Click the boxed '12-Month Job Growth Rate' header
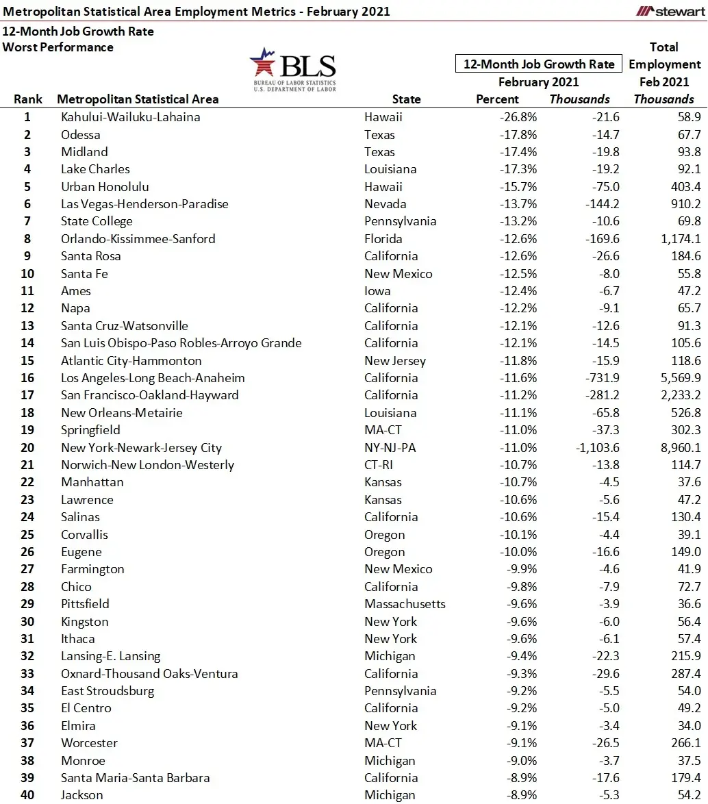(539, 64)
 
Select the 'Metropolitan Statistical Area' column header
(138, 99)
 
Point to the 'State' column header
(406, 99)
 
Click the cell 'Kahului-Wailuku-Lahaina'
(130, 117)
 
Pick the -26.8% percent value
(518, 117)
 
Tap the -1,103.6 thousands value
(592, 448)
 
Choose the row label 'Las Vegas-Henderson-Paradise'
(144, 204)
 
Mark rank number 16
(27, 378)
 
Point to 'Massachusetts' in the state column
(405, 604)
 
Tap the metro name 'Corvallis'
(84, 535)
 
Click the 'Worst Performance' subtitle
(58, 47)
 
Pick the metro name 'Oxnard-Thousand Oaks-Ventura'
(149, 674)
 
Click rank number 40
(27, 795)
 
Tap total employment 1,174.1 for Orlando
(677, 239)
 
